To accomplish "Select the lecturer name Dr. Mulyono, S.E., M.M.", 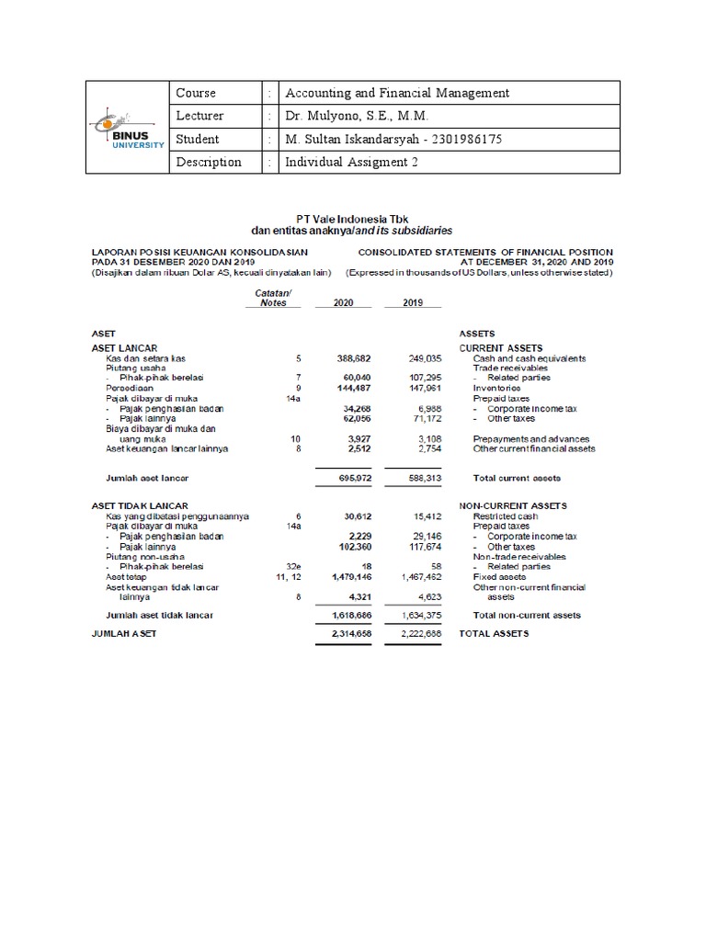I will click(358, 116).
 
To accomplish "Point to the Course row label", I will click(195, 93).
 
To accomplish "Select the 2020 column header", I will click(343, 302).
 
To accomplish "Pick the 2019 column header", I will click(413, 302).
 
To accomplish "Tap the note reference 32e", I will click(293, 568).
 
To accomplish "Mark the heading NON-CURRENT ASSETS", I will click(513, 506).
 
